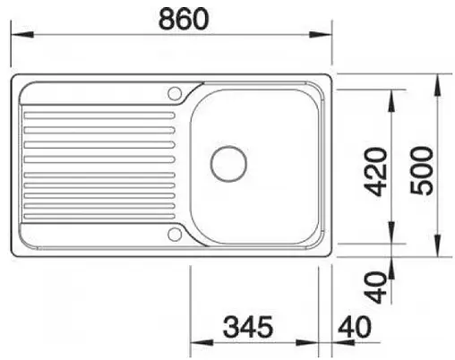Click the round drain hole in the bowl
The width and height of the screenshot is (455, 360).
pos(227,164)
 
